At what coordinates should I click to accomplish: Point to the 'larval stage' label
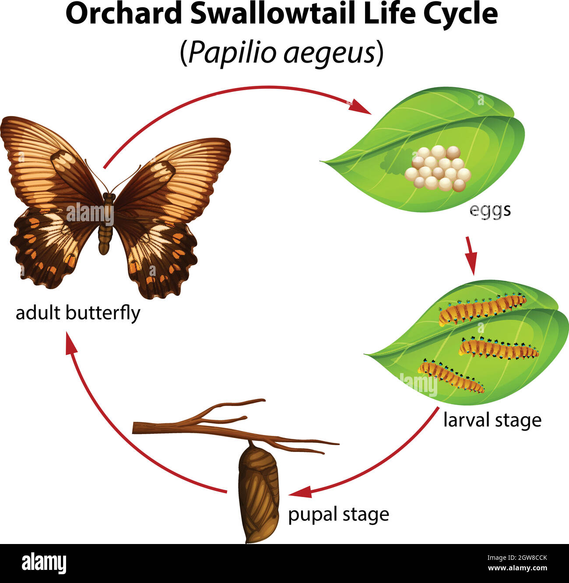[492, 420]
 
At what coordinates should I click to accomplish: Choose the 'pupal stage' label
[338, 514]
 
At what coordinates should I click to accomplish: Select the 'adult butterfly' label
[78, 314]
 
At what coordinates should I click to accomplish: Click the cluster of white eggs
[438, 169]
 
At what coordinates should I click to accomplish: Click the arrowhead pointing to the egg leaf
[360, 107]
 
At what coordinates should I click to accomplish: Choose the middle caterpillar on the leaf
[499, 349]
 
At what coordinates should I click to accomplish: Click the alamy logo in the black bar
[44, 563]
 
